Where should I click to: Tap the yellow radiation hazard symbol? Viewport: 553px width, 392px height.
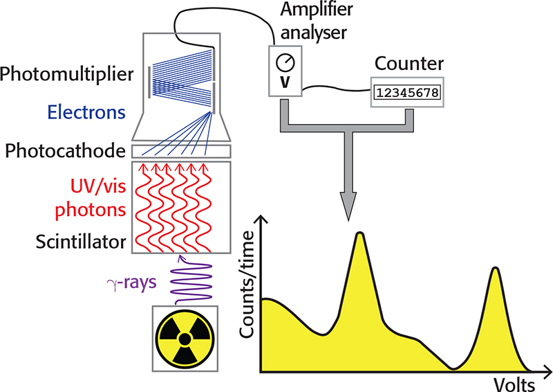184,339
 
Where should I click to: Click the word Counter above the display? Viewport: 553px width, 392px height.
408,64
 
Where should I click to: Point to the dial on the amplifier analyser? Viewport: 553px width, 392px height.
284,64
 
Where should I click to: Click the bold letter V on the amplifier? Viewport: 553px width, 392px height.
284,82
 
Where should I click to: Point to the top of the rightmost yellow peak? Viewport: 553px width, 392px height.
495,268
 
